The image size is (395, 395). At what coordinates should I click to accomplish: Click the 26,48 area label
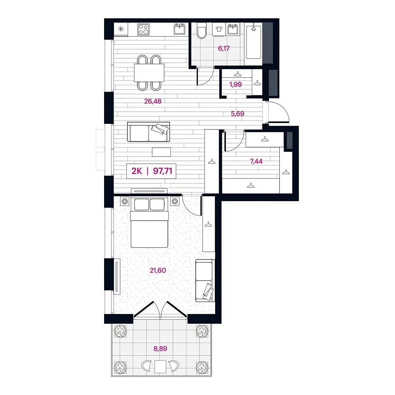pos(153,101)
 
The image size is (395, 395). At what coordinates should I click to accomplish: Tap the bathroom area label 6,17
pos(224,49)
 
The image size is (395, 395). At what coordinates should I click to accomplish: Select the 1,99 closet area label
pos(235,84)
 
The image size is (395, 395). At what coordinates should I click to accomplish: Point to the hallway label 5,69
pos(237,114)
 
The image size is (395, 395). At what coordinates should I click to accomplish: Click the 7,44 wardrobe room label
pos(256,161)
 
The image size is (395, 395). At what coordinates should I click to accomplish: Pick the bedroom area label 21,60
pos(158,270)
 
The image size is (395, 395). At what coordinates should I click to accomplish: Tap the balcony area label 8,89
pos(160,349)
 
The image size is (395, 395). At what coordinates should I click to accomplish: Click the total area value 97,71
pos(163,171)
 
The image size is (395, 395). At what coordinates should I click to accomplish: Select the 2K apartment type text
pos(137,171)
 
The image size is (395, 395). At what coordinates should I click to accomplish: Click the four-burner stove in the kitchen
pos(143,29)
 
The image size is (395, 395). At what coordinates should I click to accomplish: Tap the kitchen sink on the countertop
pos(180,29)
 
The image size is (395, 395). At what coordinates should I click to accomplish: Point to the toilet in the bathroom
pos(202,31)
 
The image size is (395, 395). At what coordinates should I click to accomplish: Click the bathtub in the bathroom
pos(253,41)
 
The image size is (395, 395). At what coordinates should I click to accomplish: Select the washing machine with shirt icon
pos(218,29)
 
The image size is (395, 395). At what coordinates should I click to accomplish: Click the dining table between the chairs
pos(149,73)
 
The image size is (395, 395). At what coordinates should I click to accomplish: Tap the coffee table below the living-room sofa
pos(161,152)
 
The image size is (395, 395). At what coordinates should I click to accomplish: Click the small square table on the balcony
pos(160,367)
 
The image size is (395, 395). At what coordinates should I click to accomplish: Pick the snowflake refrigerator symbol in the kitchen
pos(121,29)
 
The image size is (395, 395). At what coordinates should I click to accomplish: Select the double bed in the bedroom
pos(149,223)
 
